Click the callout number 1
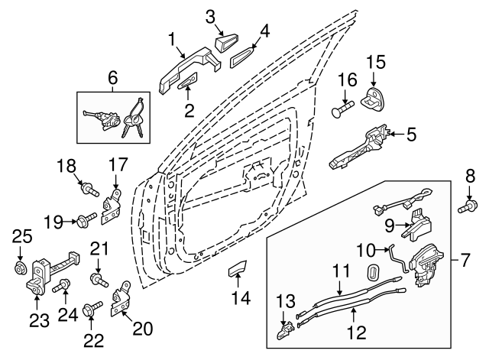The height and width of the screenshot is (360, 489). pyautogui.click(x=173, y=38)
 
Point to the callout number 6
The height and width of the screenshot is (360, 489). pyautogui.click(x=112, y=77)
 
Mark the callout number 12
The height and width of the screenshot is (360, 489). pyautogui.click(x=353, y=332)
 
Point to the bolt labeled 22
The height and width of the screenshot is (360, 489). pyautogui.click(x=94, y=310)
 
